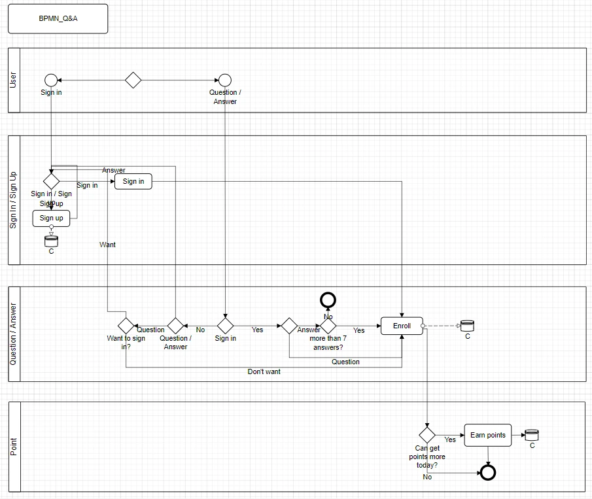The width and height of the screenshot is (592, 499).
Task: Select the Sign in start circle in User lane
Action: click(x=51, y=80)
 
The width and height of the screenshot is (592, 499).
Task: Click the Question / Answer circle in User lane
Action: click(x=225, y=80)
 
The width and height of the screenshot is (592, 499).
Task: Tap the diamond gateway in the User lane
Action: click(x=133, y=80)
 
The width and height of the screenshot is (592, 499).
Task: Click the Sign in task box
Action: click(x=133, y=181)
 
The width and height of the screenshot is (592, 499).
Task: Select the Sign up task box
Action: click(x=51, y=218)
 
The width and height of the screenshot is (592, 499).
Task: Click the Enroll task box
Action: click(x=402, y=326)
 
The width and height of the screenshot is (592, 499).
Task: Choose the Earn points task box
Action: click(x=487, y=436)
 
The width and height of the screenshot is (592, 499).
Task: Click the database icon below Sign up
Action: click(x=51, y=240)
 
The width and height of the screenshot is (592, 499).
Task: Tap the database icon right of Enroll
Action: click(x=467, y=325)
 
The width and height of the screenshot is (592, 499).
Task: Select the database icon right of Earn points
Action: click(x=531, y=435)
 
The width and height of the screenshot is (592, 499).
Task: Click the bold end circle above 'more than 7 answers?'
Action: click(x=328, y=300)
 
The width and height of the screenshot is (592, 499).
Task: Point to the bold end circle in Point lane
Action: click(x=487, y=472)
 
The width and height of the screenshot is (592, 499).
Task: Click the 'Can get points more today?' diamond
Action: click(x=427, y=434)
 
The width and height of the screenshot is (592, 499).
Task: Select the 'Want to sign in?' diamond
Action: click(x=126, y=325)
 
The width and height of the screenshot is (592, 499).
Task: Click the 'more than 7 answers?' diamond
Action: click(x=328, y=325)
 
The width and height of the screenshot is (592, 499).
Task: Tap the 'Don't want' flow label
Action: click(x=264, y=371)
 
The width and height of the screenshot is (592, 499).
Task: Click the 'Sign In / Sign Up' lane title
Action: click(x=14, y=200)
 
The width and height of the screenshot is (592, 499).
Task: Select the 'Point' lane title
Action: click(x=14, y=447)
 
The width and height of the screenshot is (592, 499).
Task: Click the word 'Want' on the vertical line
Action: click(x=107, y=245)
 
